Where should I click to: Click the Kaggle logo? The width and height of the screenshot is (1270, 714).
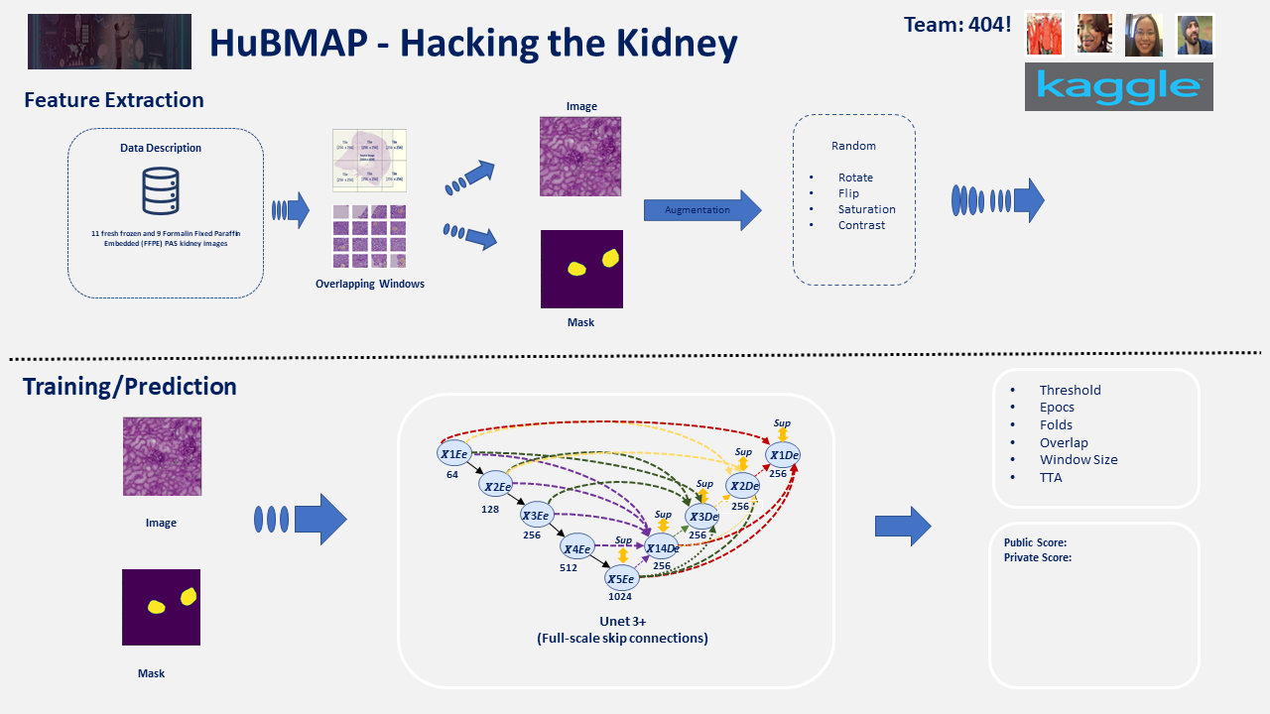click(x=1118, y=87)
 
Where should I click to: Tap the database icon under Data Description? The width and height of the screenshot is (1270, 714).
click(x=161, y=191)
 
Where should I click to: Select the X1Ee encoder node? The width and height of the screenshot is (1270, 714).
click(x=453, y=453)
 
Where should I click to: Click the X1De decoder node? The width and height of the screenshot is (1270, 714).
click(x=782, y=454)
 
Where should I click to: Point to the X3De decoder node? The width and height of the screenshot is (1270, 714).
click(x=702, y=516)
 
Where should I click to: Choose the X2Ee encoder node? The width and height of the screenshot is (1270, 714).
click(x=495, y=485)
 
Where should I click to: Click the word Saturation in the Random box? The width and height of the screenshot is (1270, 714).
click(x=866, y=209)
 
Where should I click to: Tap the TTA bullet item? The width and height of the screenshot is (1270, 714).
click(x=1050, y=477)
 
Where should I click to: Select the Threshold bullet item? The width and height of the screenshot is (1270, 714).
click(x=1070, y=390)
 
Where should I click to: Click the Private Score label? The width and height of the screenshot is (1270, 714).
click(x=1037, y=557)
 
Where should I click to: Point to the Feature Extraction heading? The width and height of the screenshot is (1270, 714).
click(x=114, y=100)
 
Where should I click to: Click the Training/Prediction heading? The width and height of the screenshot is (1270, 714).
click(x=130, y=386)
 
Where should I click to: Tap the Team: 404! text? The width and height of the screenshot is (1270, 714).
click(x=957, y=25)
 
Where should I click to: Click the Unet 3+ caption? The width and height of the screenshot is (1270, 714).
click(x=622, y=621)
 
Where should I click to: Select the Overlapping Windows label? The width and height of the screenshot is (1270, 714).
click(x=369, y=284)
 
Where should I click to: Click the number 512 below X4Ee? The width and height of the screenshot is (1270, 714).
click(x=568, y=567)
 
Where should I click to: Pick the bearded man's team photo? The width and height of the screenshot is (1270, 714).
click(x=1195, y=35)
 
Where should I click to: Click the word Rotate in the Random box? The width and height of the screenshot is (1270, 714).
click(x=855, y=178)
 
